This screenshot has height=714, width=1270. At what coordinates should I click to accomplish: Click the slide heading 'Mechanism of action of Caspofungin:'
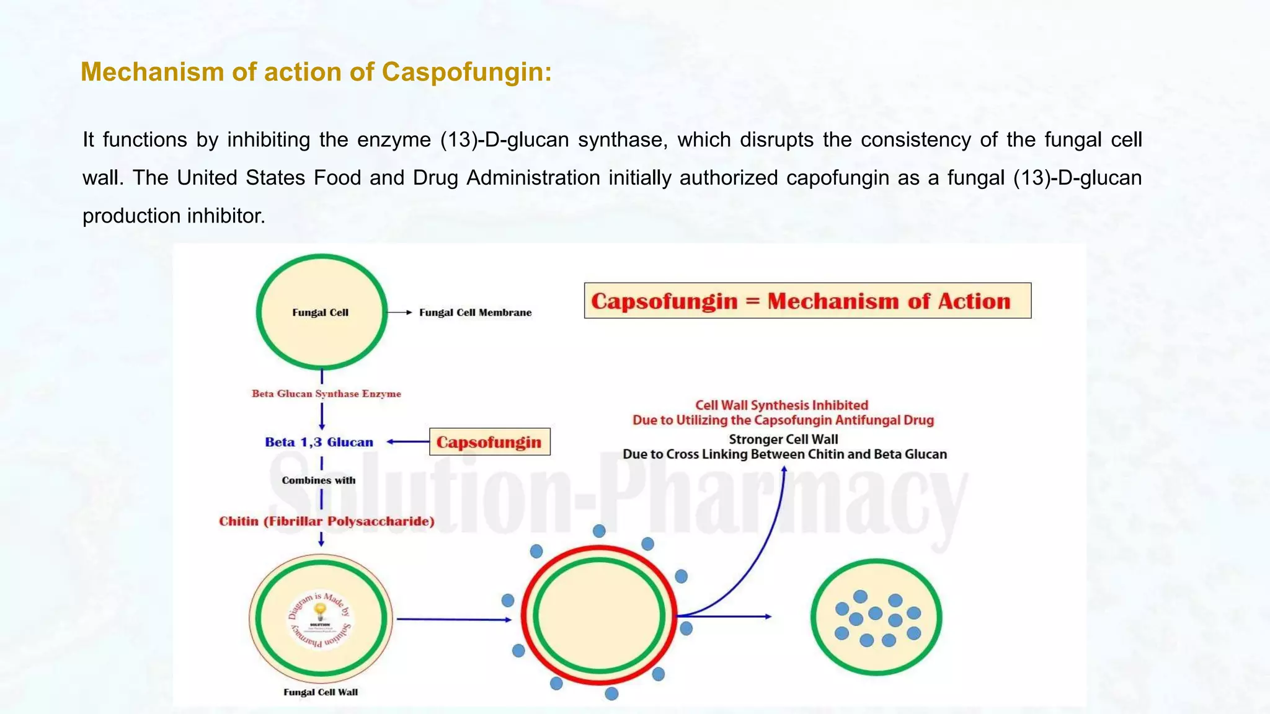pyautogui.click(x=316, y=72)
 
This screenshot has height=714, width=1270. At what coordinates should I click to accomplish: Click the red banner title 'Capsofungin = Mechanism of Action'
pyautogui.click(x=801, y=301)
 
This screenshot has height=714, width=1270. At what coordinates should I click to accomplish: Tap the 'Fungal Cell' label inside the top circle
pyautogui.click(x=320, y=312)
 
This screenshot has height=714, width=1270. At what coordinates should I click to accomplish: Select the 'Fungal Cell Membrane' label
pyautogui.click(x=475, y=312)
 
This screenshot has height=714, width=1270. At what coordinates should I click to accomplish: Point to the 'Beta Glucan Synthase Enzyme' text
pyautogui.click(x=326, y=394)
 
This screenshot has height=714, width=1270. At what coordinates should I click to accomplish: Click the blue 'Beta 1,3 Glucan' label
pyautogui.click(x=319, y=442)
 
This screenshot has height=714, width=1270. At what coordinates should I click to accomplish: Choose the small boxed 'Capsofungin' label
pyautogui.click(x=489, y=442)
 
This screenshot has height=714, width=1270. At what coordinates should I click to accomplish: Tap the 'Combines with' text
pyautogui.click(x=319, y=480)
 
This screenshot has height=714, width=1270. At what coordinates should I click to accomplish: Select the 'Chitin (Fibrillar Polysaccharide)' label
pyautogui.click(x=326, y=521)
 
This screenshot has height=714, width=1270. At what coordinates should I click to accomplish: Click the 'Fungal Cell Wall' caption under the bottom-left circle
pyautogui.click(x=321, y=692)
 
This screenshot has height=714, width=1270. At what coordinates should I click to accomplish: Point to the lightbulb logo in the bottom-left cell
pyautogui.click(x=320, y=612)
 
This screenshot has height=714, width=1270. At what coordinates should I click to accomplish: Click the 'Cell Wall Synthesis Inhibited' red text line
pyautogui.click(x=781, y=405)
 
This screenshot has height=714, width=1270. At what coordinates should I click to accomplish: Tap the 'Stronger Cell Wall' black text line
pyautogui.click(x=783, y=439)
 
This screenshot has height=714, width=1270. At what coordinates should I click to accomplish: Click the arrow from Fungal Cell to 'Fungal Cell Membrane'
pyautogui.click(x=400, y=312)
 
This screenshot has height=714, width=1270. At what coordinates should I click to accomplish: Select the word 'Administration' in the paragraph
pyautogui.click(x=533, y=178)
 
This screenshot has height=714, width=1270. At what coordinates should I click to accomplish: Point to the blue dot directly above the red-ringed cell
pyautogui.click(x=599, y=531)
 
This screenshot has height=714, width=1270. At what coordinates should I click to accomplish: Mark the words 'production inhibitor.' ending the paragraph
pyautogui.click(x=174, y=216)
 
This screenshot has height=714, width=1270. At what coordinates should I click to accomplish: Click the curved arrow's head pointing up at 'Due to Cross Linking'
pyautogui.click(x=784, y=470)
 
